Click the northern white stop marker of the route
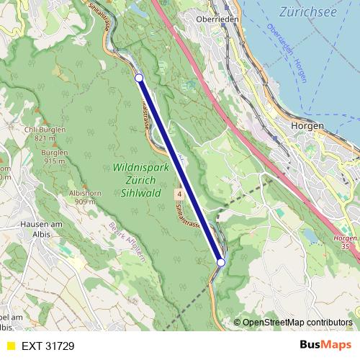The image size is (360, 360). coord(139,78)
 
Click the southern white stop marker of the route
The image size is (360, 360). coord(221,263)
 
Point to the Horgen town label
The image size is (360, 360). coord(307,125)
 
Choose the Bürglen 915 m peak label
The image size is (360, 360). coord(55,156)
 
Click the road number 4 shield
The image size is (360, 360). coord(176,195)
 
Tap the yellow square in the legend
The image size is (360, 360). coord(10,346)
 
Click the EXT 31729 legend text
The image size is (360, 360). coord(48,346)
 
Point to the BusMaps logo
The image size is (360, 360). coord(325,345)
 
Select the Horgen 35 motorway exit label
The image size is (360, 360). coord(346,242)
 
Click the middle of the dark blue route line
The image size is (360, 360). coord(180,171)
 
